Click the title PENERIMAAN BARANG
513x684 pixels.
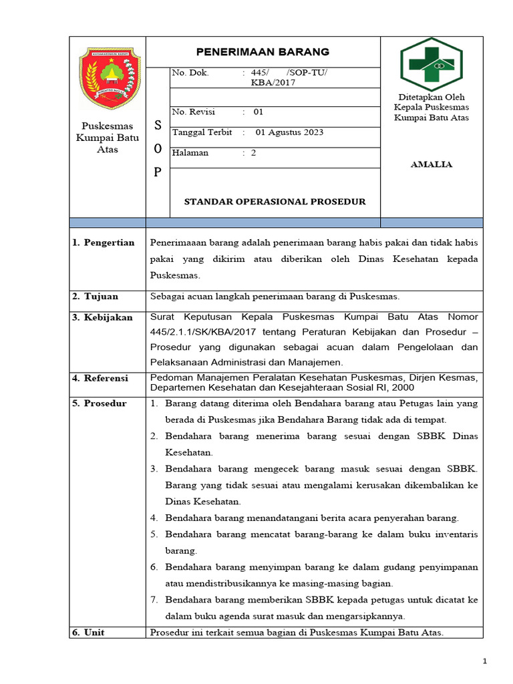pyautogui.click(x=263, y=51)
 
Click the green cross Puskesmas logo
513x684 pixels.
pyautogui.click(x=431, y=65)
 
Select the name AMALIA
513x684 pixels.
pyautogui.click(x=431, y=164)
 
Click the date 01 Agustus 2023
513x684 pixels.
pyautogui.click(x=289, y=132)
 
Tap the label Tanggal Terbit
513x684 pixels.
pyautogui.click(x=202, y=132)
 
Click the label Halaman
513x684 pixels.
pyautogui.click(x=190, y=153)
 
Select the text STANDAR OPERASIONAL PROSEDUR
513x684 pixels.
pyautogui.click(x=275, y=202)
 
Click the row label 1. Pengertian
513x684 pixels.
pyautogui.click(x=104, y=242)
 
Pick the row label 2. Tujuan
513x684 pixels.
pyautogui.click(x=96, y=297)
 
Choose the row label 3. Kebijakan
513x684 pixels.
pyautogui.click(x=103, y=317)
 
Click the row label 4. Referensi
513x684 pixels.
pyautogui.click(x=100, y=378)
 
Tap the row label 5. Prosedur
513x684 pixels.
pyautogui.click(x=100, y=403)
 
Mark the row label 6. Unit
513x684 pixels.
pyautogui.click(x=89, y=632)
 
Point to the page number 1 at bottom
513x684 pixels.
pyautogui.click(x=486, y=661)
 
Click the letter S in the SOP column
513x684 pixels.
pyautogui.click(x=158, y=125)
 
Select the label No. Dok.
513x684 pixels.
pyautogui.click(x=190, y=73)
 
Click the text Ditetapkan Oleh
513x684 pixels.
pyautogui.click(x=431, y=97)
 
